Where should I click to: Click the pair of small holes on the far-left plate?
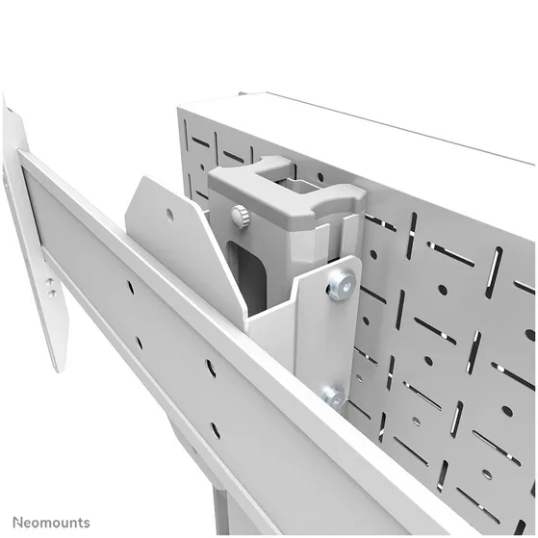49,284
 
